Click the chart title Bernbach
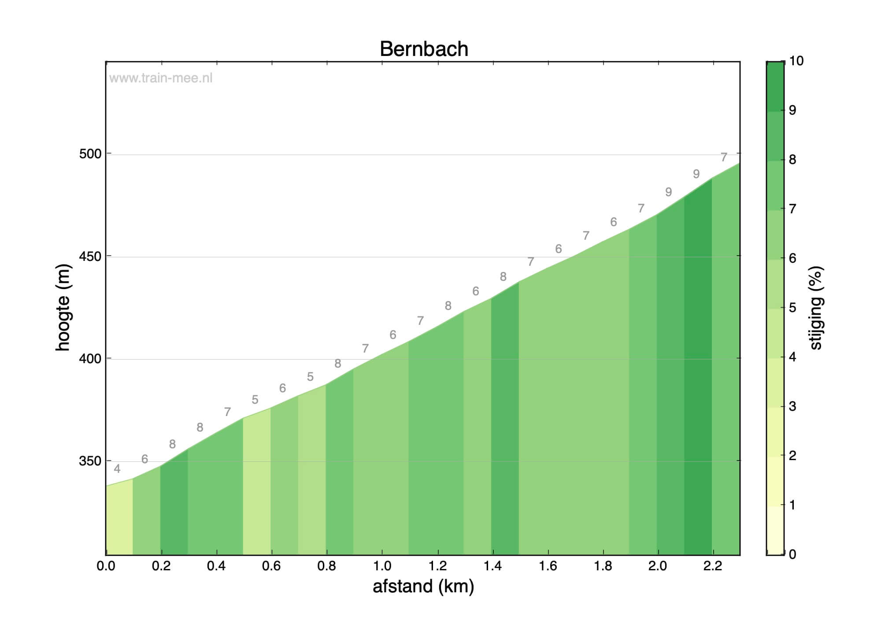[424, 49]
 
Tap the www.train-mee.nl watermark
[161, 78]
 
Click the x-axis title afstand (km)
[423, 587]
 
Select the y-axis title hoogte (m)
[63, 307]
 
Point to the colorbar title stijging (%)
[816, 308]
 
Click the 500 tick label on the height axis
[90, 154]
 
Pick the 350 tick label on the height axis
[90, 461]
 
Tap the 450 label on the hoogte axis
[90, 256]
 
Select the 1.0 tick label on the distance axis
[382, 566]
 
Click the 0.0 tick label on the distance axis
[106, 566]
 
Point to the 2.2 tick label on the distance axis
[713, 566]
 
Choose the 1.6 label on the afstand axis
[548, 566]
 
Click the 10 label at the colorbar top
[796, 61]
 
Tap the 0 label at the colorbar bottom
[792, 554]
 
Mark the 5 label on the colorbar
[792, 308]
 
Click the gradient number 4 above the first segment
[117, 469]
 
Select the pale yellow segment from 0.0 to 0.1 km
[119, 520]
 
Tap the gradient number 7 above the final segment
[724, 157]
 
